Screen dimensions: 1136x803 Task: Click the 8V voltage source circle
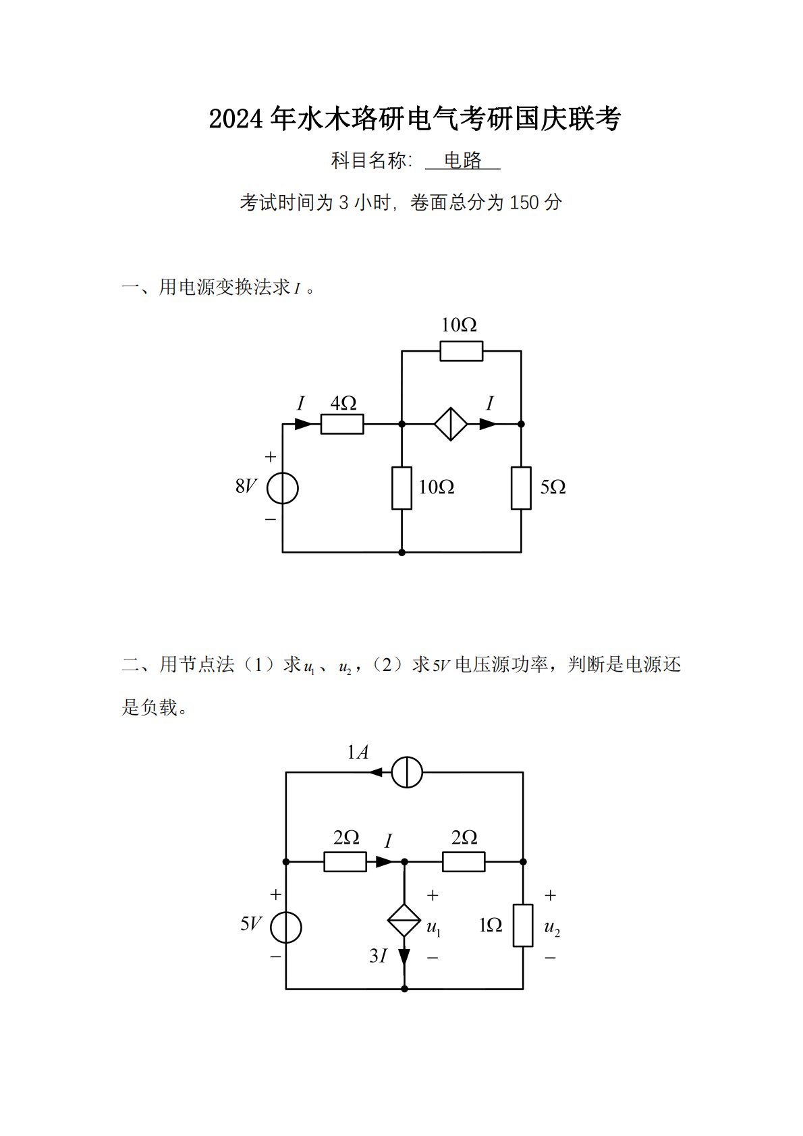click(282, 488)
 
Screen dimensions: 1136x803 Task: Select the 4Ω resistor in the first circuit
click(342, 424)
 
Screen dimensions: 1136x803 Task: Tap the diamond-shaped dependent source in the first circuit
click(451, 424)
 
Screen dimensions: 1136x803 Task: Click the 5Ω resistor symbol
click(521, 487)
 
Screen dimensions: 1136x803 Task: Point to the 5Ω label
click(553, 487)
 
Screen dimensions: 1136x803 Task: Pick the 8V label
click(246, 486)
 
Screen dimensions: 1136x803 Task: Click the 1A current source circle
click(407, 772)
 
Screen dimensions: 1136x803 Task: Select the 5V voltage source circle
click(286, 927)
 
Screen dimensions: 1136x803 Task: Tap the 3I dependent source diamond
click(404, 921)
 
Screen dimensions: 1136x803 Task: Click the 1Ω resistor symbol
click(523, 925)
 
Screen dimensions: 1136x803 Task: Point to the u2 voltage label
click(552, 927)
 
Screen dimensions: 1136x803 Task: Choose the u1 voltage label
click(434, 927)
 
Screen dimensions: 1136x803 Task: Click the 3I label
click(379, 956)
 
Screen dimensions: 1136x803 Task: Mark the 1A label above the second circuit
click(358, 752)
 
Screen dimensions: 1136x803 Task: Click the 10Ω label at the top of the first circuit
click(459, 325)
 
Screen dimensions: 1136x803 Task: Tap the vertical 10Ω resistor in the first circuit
click(401, 487)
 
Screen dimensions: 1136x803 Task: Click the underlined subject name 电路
click(463, 161)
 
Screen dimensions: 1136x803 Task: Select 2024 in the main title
click(237, 119)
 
